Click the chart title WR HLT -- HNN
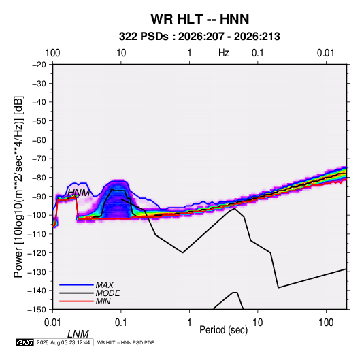coord(199,19)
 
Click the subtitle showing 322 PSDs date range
coord(199,37)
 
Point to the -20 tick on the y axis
coord(39,65)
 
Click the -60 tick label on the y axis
coord(39,140)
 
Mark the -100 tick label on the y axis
coord(37,215)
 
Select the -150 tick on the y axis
coord(37,310)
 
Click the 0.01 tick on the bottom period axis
coord(52,323)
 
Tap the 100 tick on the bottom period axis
coord(326,323)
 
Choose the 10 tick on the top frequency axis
coord(121,53)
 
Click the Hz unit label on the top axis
coord(224,53)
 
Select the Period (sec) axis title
coord(224,330)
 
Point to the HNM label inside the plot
coord(79,193)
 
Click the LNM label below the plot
coord(78,334)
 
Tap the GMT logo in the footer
coord(25,342)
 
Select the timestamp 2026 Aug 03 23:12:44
coord(63,342)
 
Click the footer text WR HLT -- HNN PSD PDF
coord(125,342)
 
